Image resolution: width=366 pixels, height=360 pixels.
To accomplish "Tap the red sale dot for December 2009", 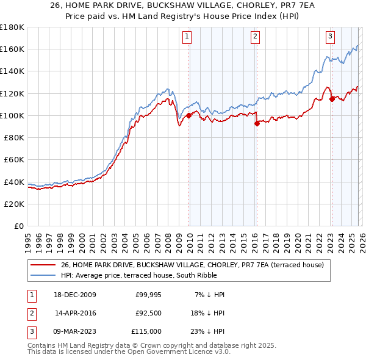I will (189, 115).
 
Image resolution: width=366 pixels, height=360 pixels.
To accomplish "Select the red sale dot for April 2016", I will (257, 123).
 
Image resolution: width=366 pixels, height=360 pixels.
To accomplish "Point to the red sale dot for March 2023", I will (332, 98).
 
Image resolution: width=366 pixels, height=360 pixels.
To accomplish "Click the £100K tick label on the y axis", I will (12, 115).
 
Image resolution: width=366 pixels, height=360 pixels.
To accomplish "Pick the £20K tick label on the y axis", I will (14, 204).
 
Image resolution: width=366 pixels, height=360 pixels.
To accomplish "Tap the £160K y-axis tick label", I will (12, 49).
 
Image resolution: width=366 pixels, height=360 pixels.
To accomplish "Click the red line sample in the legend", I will (43, 265).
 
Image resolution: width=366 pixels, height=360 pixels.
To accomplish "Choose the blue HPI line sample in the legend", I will (43, 275).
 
